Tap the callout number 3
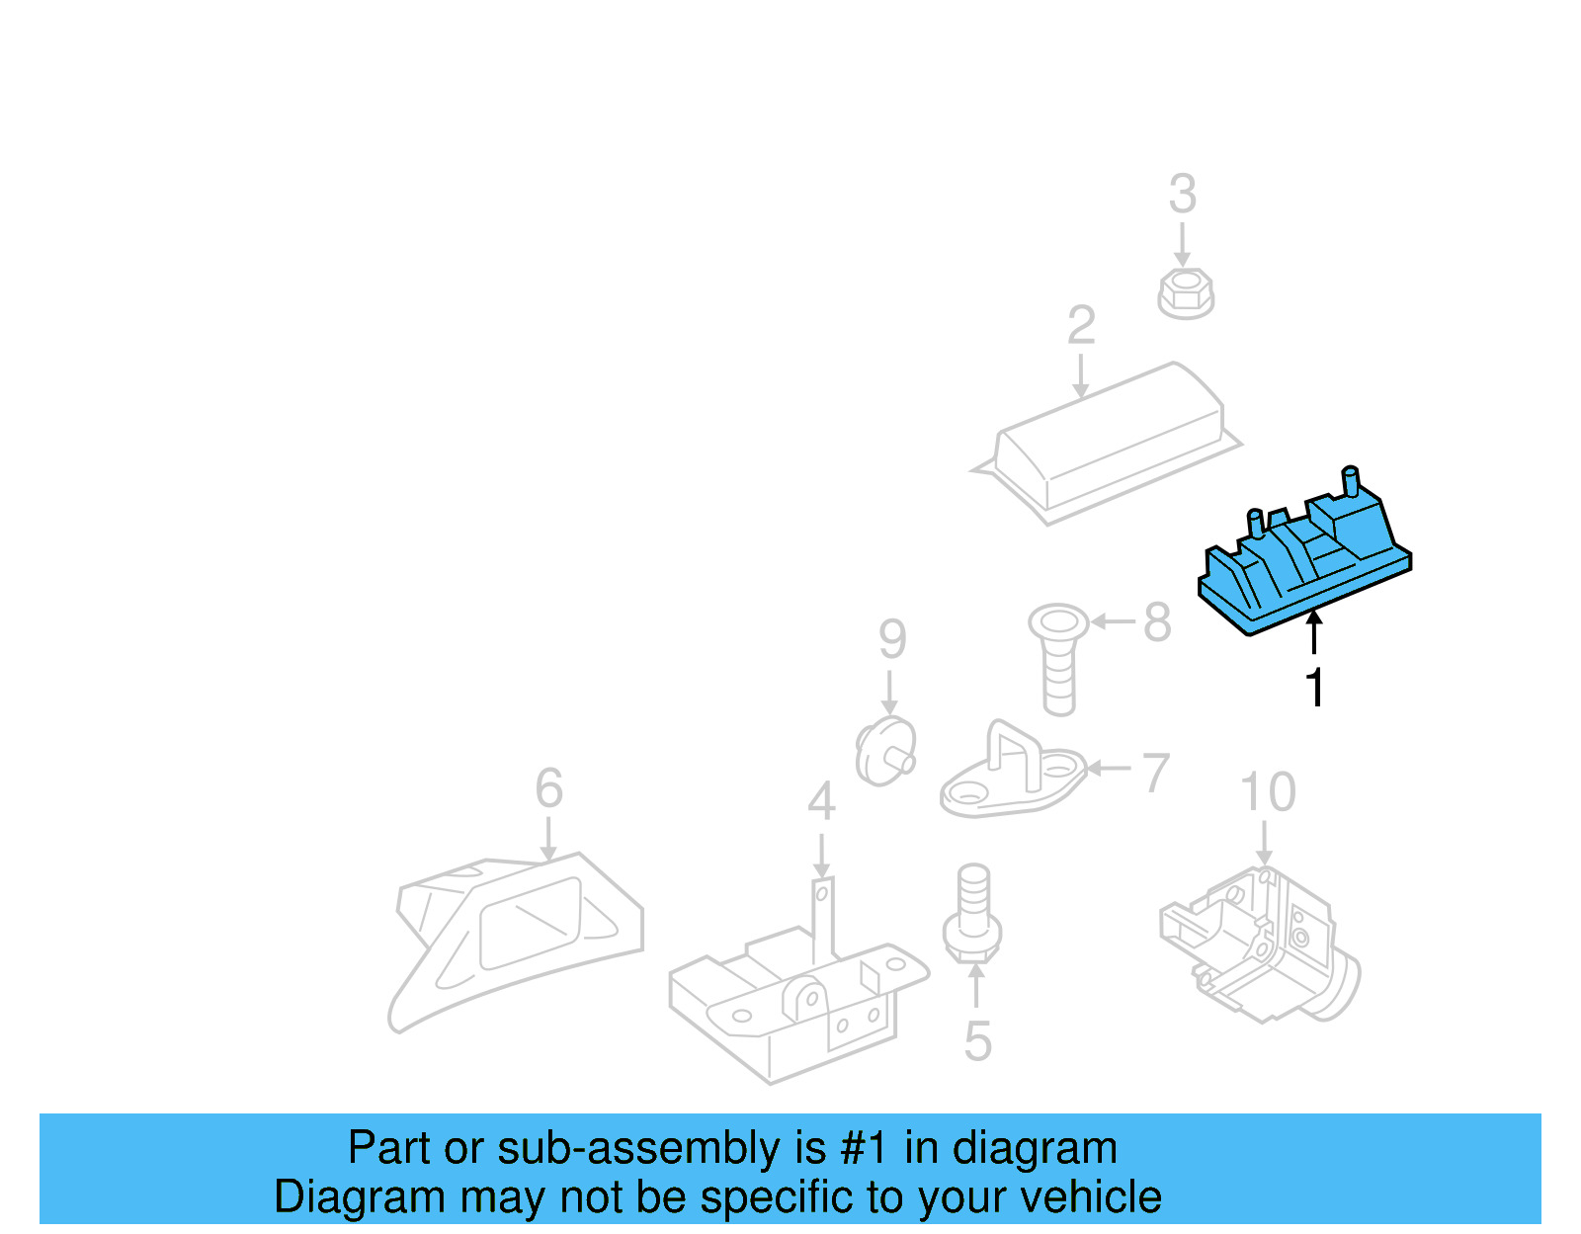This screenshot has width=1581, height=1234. pyautogui.click(x=1182, y=195)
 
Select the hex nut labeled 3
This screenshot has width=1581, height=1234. pyautogui.click(x=1185, y=293)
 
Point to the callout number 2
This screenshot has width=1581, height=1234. pyautogui.click(x=1081, y=325)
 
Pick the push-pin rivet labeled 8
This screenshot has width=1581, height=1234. pyautogui.click(x=1058, y=656)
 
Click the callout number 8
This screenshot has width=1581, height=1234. pyautogui.click(x=1157, y=622)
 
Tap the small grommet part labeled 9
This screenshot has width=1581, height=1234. pyautogui.click(x=883, y=752)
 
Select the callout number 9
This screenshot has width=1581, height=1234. pyautogui.click(x=891, y=639)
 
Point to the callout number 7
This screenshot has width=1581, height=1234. pyautogui.click(x=1156, y=773)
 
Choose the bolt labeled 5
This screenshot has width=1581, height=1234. pyautogui.click(x=973, y=914)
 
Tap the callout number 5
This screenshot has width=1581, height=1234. pyautogui.click(x=976, y=1041)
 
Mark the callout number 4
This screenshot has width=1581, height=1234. pyautogui.click(x=820, y=801)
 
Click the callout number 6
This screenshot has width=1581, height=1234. pyautogui.click(x=548, y=788)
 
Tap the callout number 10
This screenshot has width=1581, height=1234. pyautogui.click(x=1267, y=792)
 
